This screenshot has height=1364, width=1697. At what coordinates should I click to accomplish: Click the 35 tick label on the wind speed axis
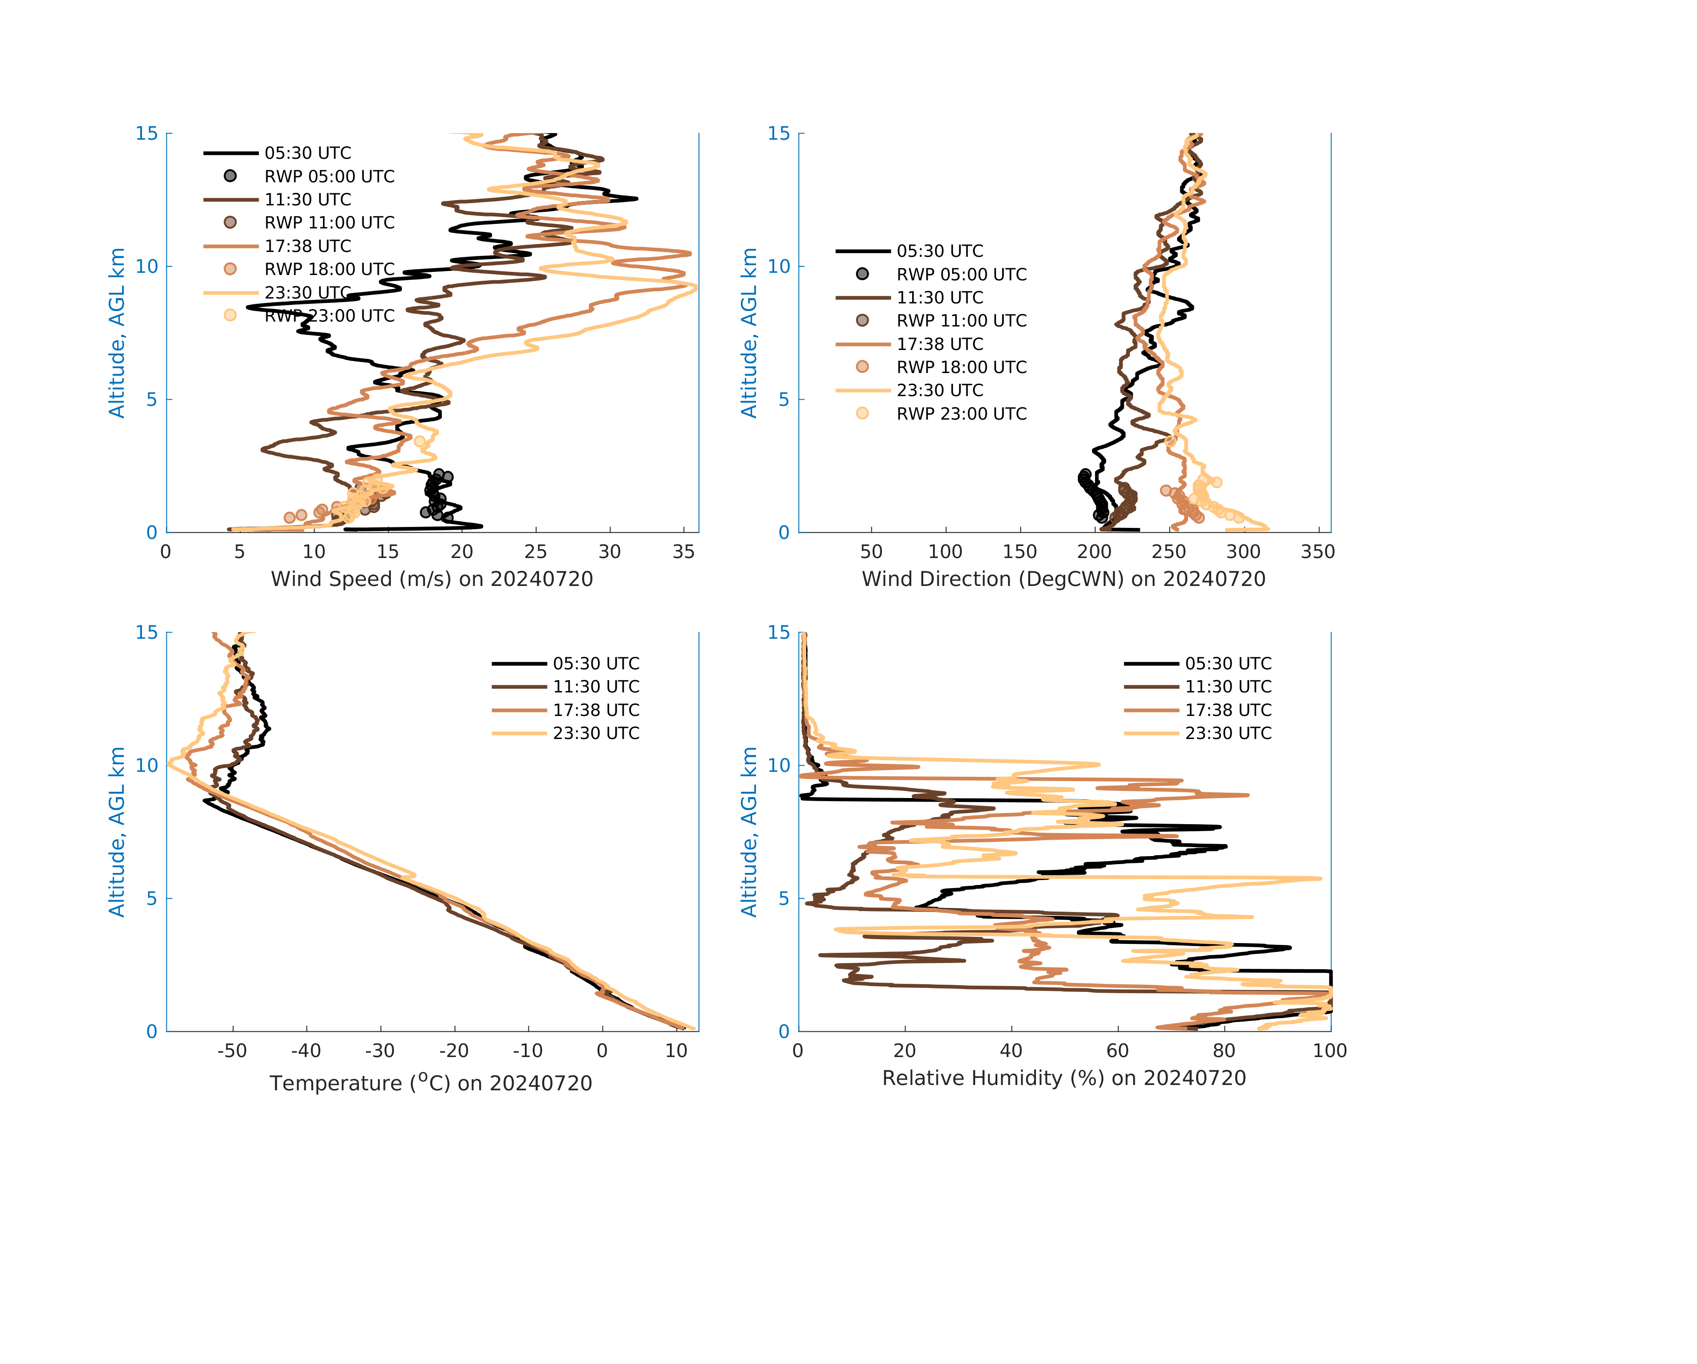683,552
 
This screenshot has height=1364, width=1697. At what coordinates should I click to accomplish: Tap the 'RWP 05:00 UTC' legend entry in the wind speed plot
329,176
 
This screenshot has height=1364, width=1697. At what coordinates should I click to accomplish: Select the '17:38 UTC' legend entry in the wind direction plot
940,344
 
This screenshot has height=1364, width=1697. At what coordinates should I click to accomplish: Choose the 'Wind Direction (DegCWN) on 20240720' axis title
1063,579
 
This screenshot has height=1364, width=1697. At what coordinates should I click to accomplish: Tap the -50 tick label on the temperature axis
232,1051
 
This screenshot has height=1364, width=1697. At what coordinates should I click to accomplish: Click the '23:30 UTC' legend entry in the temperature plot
596,734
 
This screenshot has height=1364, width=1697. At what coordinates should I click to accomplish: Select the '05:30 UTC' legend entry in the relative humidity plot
1228,664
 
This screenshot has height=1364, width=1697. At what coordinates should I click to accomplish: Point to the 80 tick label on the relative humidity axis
1224,1051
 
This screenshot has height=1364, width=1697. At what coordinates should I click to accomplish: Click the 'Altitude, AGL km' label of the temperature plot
117,832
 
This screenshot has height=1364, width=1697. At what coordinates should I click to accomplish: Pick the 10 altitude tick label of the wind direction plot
779,266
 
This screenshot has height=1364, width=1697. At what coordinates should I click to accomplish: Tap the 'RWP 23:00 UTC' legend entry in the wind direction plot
961,414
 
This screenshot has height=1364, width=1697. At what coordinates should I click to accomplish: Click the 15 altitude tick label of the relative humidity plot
779,633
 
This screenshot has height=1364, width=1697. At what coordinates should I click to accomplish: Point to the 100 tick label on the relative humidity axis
1329,1051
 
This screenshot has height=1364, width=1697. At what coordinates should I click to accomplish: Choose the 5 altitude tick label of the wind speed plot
152,399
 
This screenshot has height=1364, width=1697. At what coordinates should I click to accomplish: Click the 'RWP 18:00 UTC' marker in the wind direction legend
862,367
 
